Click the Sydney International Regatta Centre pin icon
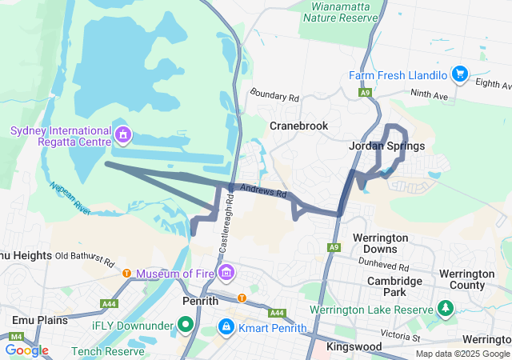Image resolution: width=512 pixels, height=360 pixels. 122,134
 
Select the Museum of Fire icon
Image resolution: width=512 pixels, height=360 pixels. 226,274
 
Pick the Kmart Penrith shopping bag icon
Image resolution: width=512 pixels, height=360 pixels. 226,328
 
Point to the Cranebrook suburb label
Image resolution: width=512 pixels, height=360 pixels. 298,126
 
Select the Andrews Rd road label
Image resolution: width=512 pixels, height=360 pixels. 264,191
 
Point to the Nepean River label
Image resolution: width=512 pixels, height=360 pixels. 70,195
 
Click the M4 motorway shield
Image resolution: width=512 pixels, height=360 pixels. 18,336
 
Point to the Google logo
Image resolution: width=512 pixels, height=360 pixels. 26,350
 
